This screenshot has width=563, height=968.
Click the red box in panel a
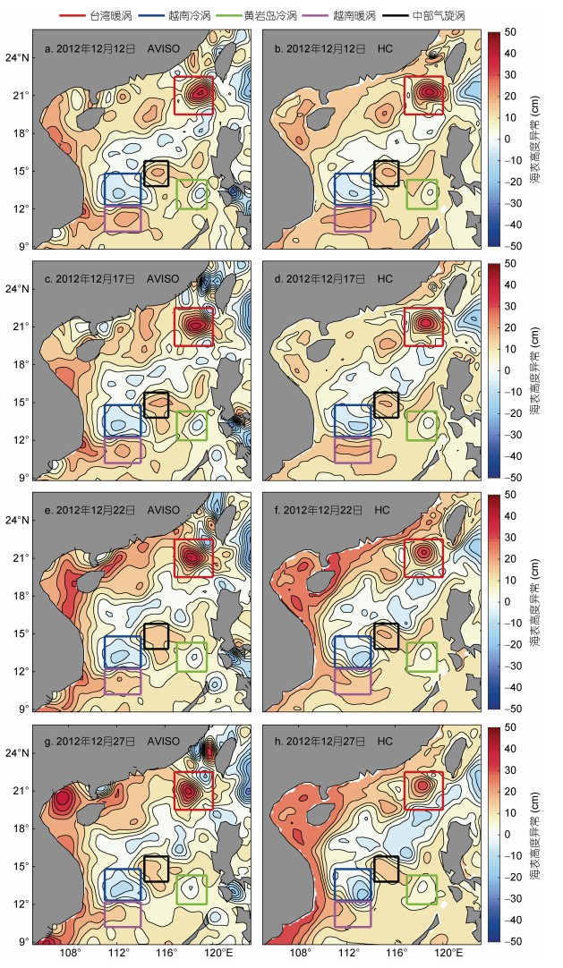(x=174, y=95)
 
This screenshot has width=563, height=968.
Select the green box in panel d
(x=407, y=425)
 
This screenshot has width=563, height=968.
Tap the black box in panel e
(x=144, y=636)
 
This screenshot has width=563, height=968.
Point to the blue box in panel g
(x=105, y=884)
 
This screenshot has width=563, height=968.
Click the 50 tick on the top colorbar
(x=510, y=32)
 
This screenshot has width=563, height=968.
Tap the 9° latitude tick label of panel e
(x=25, y=709)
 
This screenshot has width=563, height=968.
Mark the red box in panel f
(x=405, y=558)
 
